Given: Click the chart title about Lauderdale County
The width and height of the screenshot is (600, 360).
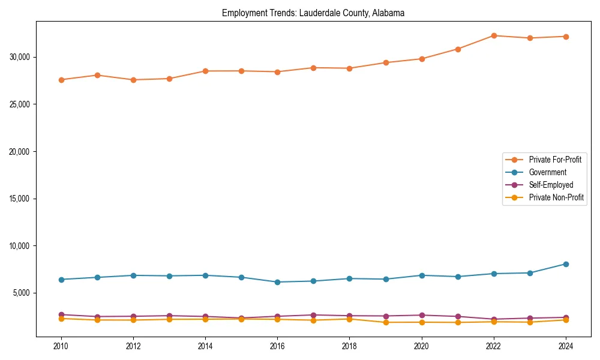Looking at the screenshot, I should (313, 13).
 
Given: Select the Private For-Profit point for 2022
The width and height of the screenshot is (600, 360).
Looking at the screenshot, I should (494, 35).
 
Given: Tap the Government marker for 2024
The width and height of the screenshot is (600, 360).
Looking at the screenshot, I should (566, 264).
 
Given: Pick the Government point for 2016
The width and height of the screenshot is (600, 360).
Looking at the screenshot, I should (277, 282).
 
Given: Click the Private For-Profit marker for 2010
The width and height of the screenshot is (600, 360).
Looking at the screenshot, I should (61, 80).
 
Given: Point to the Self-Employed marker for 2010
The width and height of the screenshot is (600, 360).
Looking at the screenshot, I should (61, 314).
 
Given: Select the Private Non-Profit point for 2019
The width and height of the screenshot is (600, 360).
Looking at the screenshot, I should (386, 322).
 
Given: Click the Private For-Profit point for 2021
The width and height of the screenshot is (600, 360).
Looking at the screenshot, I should (458, 49).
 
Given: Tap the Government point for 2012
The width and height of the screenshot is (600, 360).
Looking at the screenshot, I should (133, 275).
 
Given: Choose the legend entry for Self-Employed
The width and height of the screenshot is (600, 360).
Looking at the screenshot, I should (551, 185).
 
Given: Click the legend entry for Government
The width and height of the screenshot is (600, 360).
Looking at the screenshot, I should (547, 172).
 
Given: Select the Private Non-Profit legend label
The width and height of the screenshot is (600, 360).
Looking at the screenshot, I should (556, 197).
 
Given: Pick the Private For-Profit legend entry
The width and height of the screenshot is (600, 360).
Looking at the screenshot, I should (555, 160).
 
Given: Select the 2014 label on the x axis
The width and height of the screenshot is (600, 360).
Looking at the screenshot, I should (205, 346).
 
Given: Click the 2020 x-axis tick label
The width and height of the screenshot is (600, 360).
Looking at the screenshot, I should (422, 346).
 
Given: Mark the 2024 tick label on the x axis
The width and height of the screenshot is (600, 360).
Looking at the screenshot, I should (566, 346).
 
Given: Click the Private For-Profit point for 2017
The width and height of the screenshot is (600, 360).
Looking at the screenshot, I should (313, 68).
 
